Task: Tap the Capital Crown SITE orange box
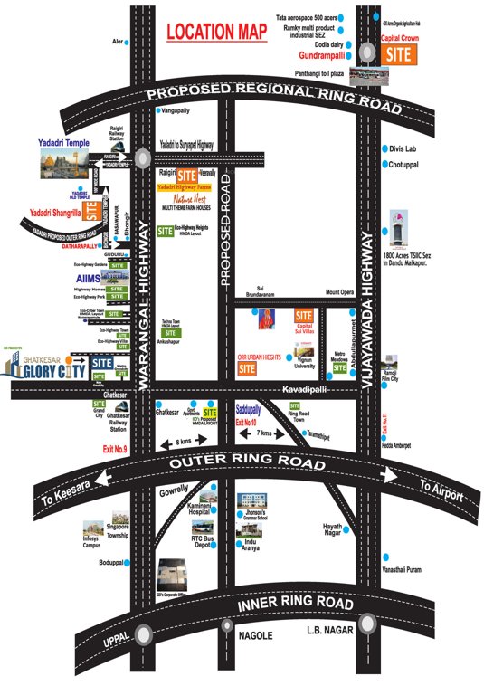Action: (399, 54)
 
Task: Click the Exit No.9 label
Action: (115, 448)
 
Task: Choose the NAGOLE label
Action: (254, 636)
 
